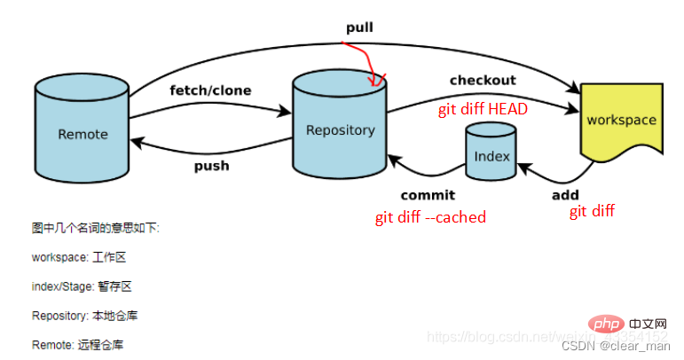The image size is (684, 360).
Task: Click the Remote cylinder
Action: [83, 134]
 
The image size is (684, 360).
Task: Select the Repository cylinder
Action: [340, 129]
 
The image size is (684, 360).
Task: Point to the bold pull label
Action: [359, 27]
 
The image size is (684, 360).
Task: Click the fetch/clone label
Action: [210, 90]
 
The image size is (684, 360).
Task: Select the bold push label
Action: [211, 166]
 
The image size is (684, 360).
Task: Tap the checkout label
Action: [483, 81]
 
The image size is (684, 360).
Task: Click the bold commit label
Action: [427, 195]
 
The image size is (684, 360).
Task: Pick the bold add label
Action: [565, 195]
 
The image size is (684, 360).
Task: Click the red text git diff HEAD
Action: [483, 109]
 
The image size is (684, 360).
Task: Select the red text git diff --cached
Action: [429, 217]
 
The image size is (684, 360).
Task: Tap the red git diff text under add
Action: [592, 211]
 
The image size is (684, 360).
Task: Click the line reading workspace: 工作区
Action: [78, 257]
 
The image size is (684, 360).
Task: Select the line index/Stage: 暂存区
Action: [82, 286]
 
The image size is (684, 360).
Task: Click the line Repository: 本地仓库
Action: [84, 316]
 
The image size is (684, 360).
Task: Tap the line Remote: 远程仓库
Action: [78, 344]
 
